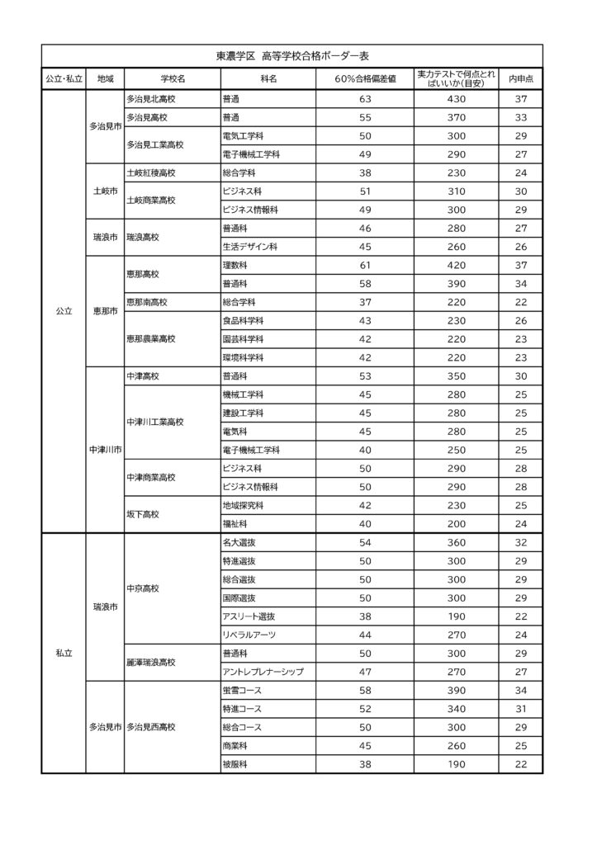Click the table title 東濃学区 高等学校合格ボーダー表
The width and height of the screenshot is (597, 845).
point(291,56)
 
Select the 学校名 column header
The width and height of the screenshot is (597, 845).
point(173,78)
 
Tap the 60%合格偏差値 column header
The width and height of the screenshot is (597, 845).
point(366,78)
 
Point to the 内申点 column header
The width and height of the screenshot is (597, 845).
point(520,78)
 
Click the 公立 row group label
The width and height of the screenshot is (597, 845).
point(64,312)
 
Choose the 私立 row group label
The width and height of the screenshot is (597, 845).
point(64,653)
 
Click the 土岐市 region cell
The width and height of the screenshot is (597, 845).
point(105,191)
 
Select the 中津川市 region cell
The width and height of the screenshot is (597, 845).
point(105,451)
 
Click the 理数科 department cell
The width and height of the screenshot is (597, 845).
point(235,265)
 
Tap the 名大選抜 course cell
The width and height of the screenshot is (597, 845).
point(239,542)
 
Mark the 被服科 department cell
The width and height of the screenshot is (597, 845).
point(235,764)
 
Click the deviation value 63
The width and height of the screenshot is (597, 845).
point(366,99)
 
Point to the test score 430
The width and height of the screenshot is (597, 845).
point(457,99)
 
